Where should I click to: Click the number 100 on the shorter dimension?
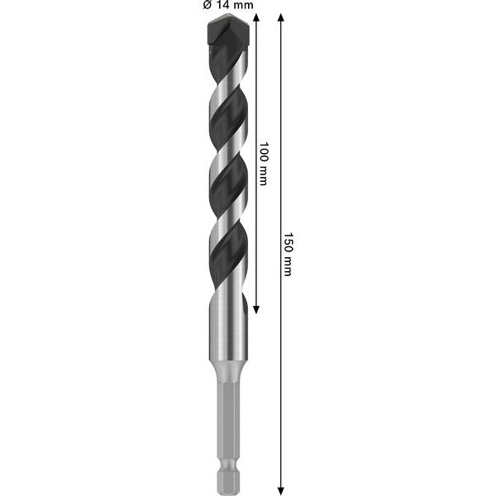(264, 151)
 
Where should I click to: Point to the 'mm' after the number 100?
(264, 174)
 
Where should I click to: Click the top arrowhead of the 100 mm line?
(256, 19)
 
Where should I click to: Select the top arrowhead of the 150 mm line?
(281, 19)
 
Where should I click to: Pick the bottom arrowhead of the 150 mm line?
(281, 487)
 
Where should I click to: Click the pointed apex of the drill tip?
(226, 16)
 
